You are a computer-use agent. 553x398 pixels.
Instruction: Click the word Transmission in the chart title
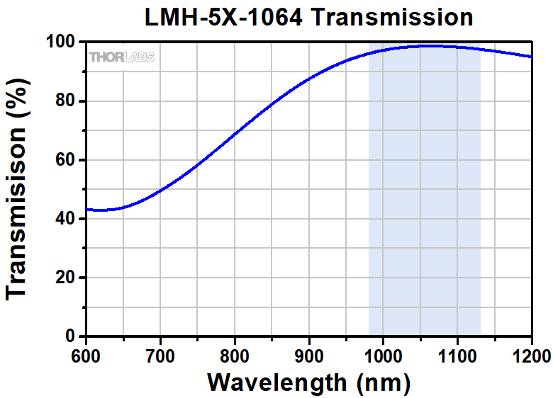pyautogui.click(x=393, y=17)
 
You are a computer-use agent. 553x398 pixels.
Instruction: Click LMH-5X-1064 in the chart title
pyautogui.click(x=224, y=17)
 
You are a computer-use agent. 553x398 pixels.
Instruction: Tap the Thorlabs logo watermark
pyautogui.click(x=121, y=57)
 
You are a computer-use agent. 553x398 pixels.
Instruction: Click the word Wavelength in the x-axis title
pyautogui.click(x=274, y=383)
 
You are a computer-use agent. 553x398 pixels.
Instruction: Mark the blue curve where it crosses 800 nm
pyautogui.click(x=235, y=132)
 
